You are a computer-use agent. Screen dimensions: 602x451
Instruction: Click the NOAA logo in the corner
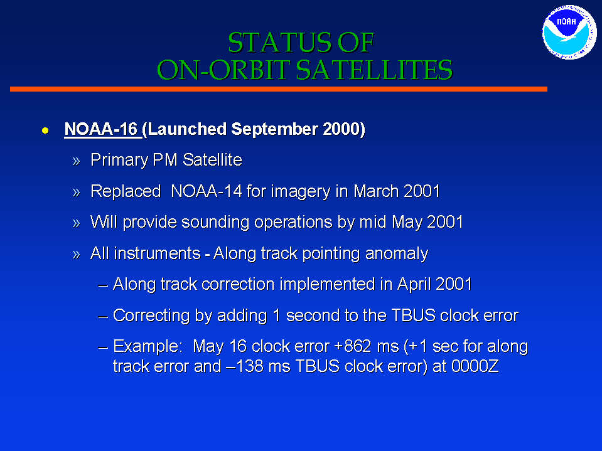tap(569, 32)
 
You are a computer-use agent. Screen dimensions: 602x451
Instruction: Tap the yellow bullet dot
tap(45, 130)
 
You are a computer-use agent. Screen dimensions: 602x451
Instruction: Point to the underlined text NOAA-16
tap(101, 129)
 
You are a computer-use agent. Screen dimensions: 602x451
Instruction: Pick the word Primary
tap(119, 161)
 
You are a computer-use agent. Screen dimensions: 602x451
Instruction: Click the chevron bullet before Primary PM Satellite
tap(77, 161)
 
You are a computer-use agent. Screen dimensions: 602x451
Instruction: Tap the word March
tap(371, 191)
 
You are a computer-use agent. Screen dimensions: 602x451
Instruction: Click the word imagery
tap(301, 192)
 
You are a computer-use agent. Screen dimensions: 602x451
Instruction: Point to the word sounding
tap(215, 223)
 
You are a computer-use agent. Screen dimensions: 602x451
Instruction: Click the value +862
tap(353, 346)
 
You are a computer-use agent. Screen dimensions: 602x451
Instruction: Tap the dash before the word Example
tap(103, 348)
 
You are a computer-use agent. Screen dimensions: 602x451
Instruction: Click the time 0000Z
tap(475, 366)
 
